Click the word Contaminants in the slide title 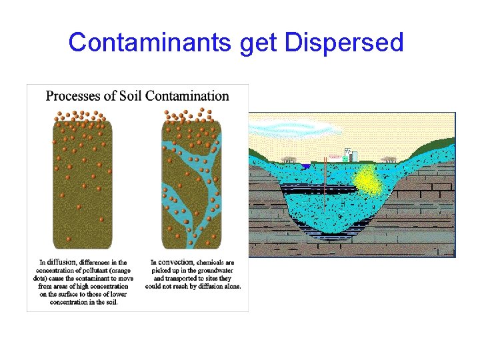pos(151,43)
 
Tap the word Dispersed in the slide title pos(344,43)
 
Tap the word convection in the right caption pos(177,263)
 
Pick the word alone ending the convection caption pos(230,286)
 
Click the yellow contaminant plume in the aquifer pos(367,180)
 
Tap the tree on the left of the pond pos(289,161)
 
